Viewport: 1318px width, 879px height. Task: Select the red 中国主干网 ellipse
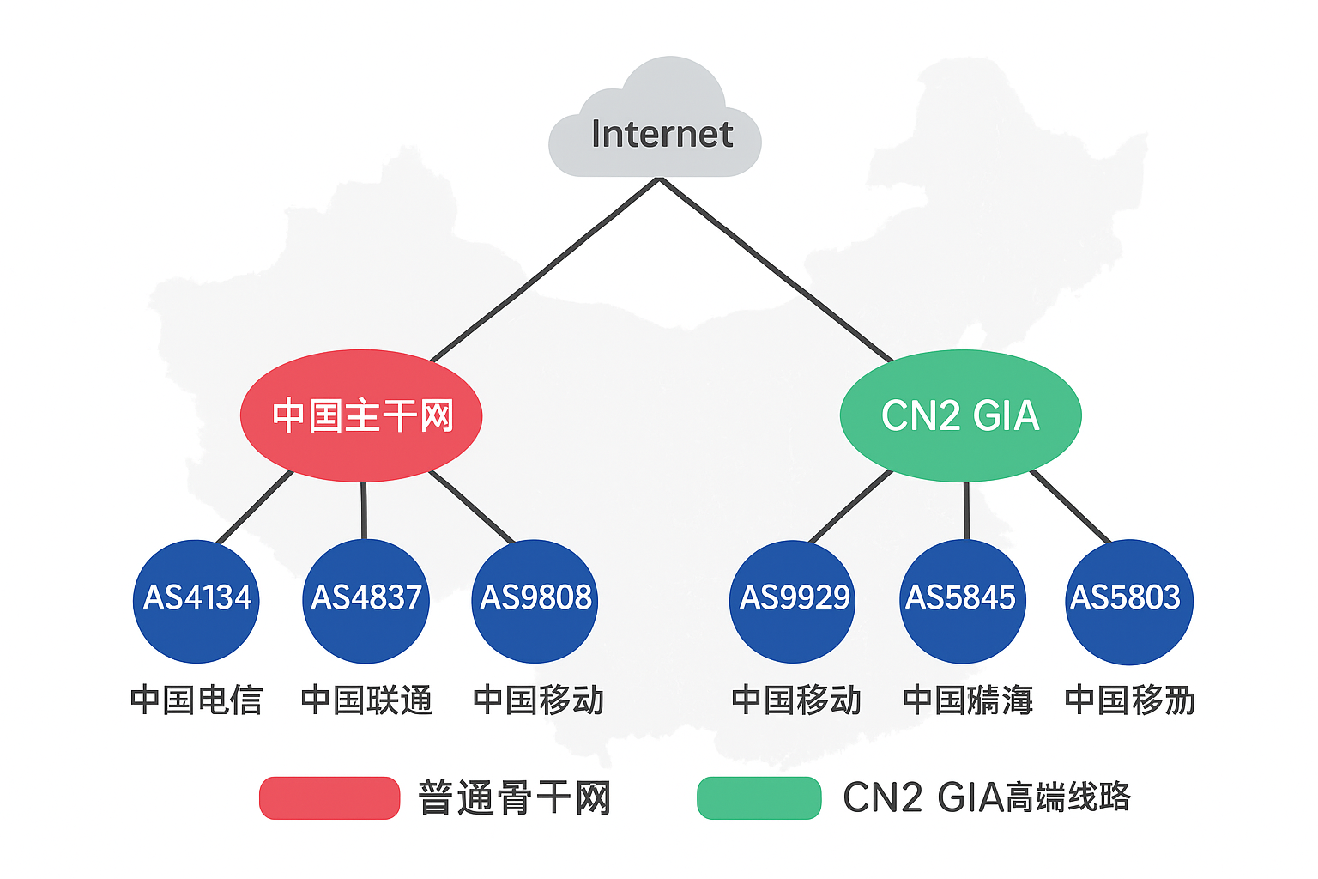point(361,415)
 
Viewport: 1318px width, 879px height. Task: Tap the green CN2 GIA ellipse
point(960,415)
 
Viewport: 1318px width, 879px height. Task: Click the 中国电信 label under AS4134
point(196,700)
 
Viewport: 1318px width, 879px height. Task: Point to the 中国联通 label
point(366,700)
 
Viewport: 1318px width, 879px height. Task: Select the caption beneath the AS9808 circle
point(538,700)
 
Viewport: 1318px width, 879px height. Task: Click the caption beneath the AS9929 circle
point(796,700)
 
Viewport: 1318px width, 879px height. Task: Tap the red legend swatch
point(329,798)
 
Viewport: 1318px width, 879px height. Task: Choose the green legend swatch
point(759,798)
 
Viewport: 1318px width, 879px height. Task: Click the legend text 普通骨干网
point(514,798)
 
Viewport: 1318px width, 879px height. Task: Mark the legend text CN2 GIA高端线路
point(987,798)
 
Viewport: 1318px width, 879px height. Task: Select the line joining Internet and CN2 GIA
point(777,270)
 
